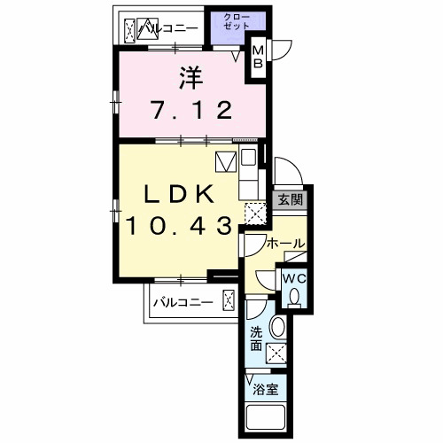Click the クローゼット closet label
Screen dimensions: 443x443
(237, 21)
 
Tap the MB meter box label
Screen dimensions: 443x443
(258, 58)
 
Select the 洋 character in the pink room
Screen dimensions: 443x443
(191, 78)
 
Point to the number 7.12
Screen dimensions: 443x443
(191, 110)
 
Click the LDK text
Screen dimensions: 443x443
(179, 194)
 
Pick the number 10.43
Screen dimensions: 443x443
(179, 226)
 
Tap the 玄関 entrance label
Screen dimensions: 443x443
(291, 199)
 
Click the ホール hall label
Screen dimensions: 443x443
(285, 244)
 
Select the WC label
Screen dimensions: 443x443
(294, 278)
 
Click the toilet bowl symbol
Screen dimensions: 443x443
(294, 298)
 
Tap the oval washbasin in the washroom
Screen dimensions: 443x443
(277, 328)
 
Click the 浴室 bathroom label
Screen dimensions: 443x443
(266, 390)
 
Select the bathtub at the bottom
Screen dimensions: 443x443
(266, 417)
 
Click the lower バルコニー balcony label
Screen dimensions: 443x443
(183, 303)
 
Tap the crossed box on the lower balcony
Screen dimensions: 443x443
(229, 300)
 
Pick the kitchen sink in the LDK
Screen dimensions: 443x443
(248, 157)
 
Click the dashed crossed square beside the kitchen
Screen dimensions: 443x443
(256, 214)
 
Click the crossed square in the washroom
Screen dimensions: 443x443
(276, 353)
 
